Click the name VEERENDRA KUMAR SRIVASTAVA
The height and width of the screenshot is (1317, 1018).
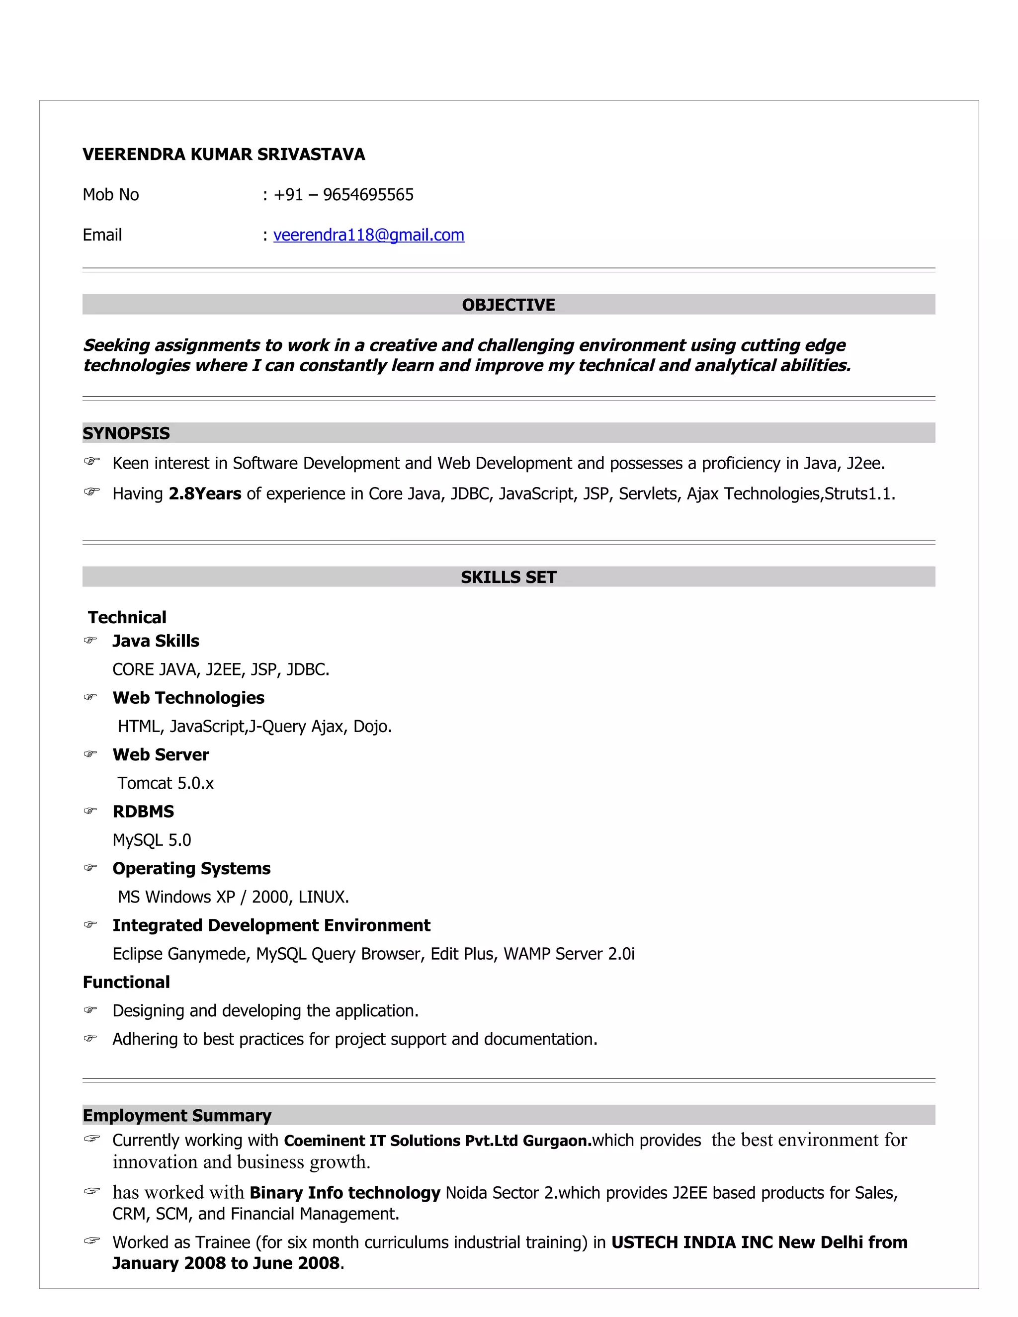point(224,155)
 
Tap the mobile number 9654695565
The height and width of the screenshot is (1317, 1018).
point(368,195)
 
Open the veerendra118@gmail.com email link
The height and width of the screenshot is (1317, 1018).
point(368,235)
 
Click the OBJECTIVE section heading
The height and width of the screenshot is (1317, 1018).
point(509,305)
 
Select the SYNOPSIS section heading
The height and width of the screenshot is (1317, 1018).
point(126,433)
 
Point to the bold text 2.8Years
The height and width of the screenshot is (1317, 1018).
point(205,494)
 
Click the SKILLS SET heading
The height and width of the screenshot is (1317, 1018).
point(509,577)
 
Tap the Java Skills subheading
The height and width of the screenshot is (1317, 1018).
point(156,641)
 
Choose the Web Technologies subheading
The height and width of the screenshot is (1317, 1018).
point(188,698)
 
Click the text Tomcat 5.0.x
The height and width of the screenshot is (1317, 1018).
point(166,783)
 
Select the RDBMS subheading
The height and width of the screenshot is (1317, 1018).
point(143,812)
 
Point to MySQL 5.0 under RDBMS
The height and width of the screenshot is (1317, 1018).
point(152,840)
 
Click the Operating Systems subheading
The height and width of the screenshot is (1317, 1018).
point(191,868)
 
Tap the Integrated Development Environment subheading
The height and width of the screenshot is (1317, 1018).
point(271,926)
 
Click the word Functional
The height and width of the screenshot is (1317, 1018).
point(126,983)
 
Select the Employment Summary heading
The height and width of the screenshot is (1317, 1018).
point(176,1116)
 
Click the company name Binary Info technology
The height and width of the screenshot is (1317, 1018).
point(345,1193)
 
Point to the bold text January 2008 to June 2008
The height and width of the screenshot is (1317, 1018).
point(226,1263)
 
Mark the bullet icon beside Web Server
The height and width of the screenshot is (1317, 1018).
point(90,754)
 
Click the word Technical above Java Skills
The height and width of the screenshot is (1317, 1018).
point(127,617)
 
